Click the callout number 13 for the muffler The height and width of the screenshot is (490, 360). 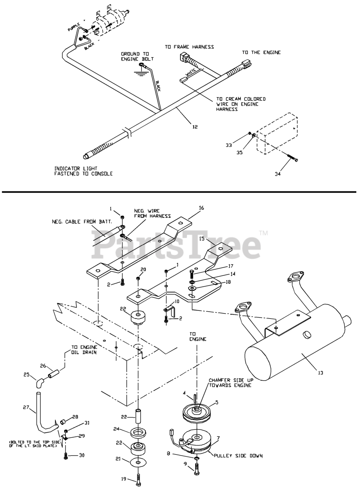(320, 372)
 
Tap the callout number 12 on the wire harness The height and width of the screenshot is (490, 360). (195, 127)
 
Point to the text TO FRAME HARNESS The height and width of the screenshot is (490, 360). (189, 47)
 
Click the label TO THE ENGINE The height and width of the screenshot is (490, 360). (261, 52)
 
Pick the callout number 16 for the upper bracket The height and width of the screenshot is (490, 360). (202, 208)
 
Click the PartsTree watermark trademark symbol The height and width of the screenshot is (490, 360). (263, 233)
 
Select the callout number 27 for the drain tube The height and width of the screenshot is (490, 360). (26, 408)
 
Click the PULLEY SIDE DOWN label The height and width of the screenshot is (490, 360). (238, 456)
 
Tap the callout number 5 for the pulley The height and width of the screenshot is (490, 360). (217, 402)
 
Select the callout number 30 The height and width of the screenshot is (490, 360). (81, 455)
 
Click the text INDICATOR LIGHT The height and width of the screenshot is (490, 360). (76, 168)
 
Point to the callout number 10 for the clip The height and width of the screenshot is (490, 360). (177, 302)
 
